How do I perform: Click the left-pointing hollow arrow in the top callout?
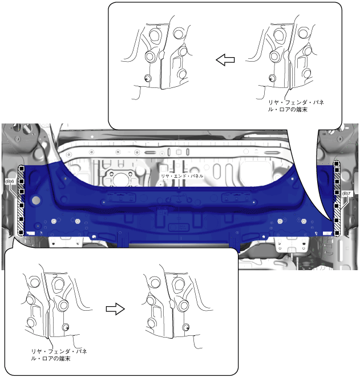pos(225,60)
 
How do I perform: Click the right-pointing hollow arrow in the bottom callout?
pos(115,308)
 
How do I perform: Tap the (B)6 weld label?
pos(10,182)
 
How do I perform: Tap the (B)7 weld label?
pos(346,193)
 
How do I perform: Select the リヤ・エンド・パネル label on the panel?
pos(182,176)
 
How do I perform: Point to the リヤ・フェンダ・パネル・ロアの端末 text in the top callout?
pos(296,106)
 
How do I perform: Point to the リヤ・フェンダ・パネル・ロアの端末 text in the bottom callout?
pos(59,355)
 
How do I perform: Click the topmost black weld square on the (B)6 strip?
pos(21,169)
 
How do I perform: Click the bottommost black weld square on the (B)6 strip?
pos(21,232)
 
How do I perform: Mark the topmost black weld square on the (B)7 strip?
pos(337,164)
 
